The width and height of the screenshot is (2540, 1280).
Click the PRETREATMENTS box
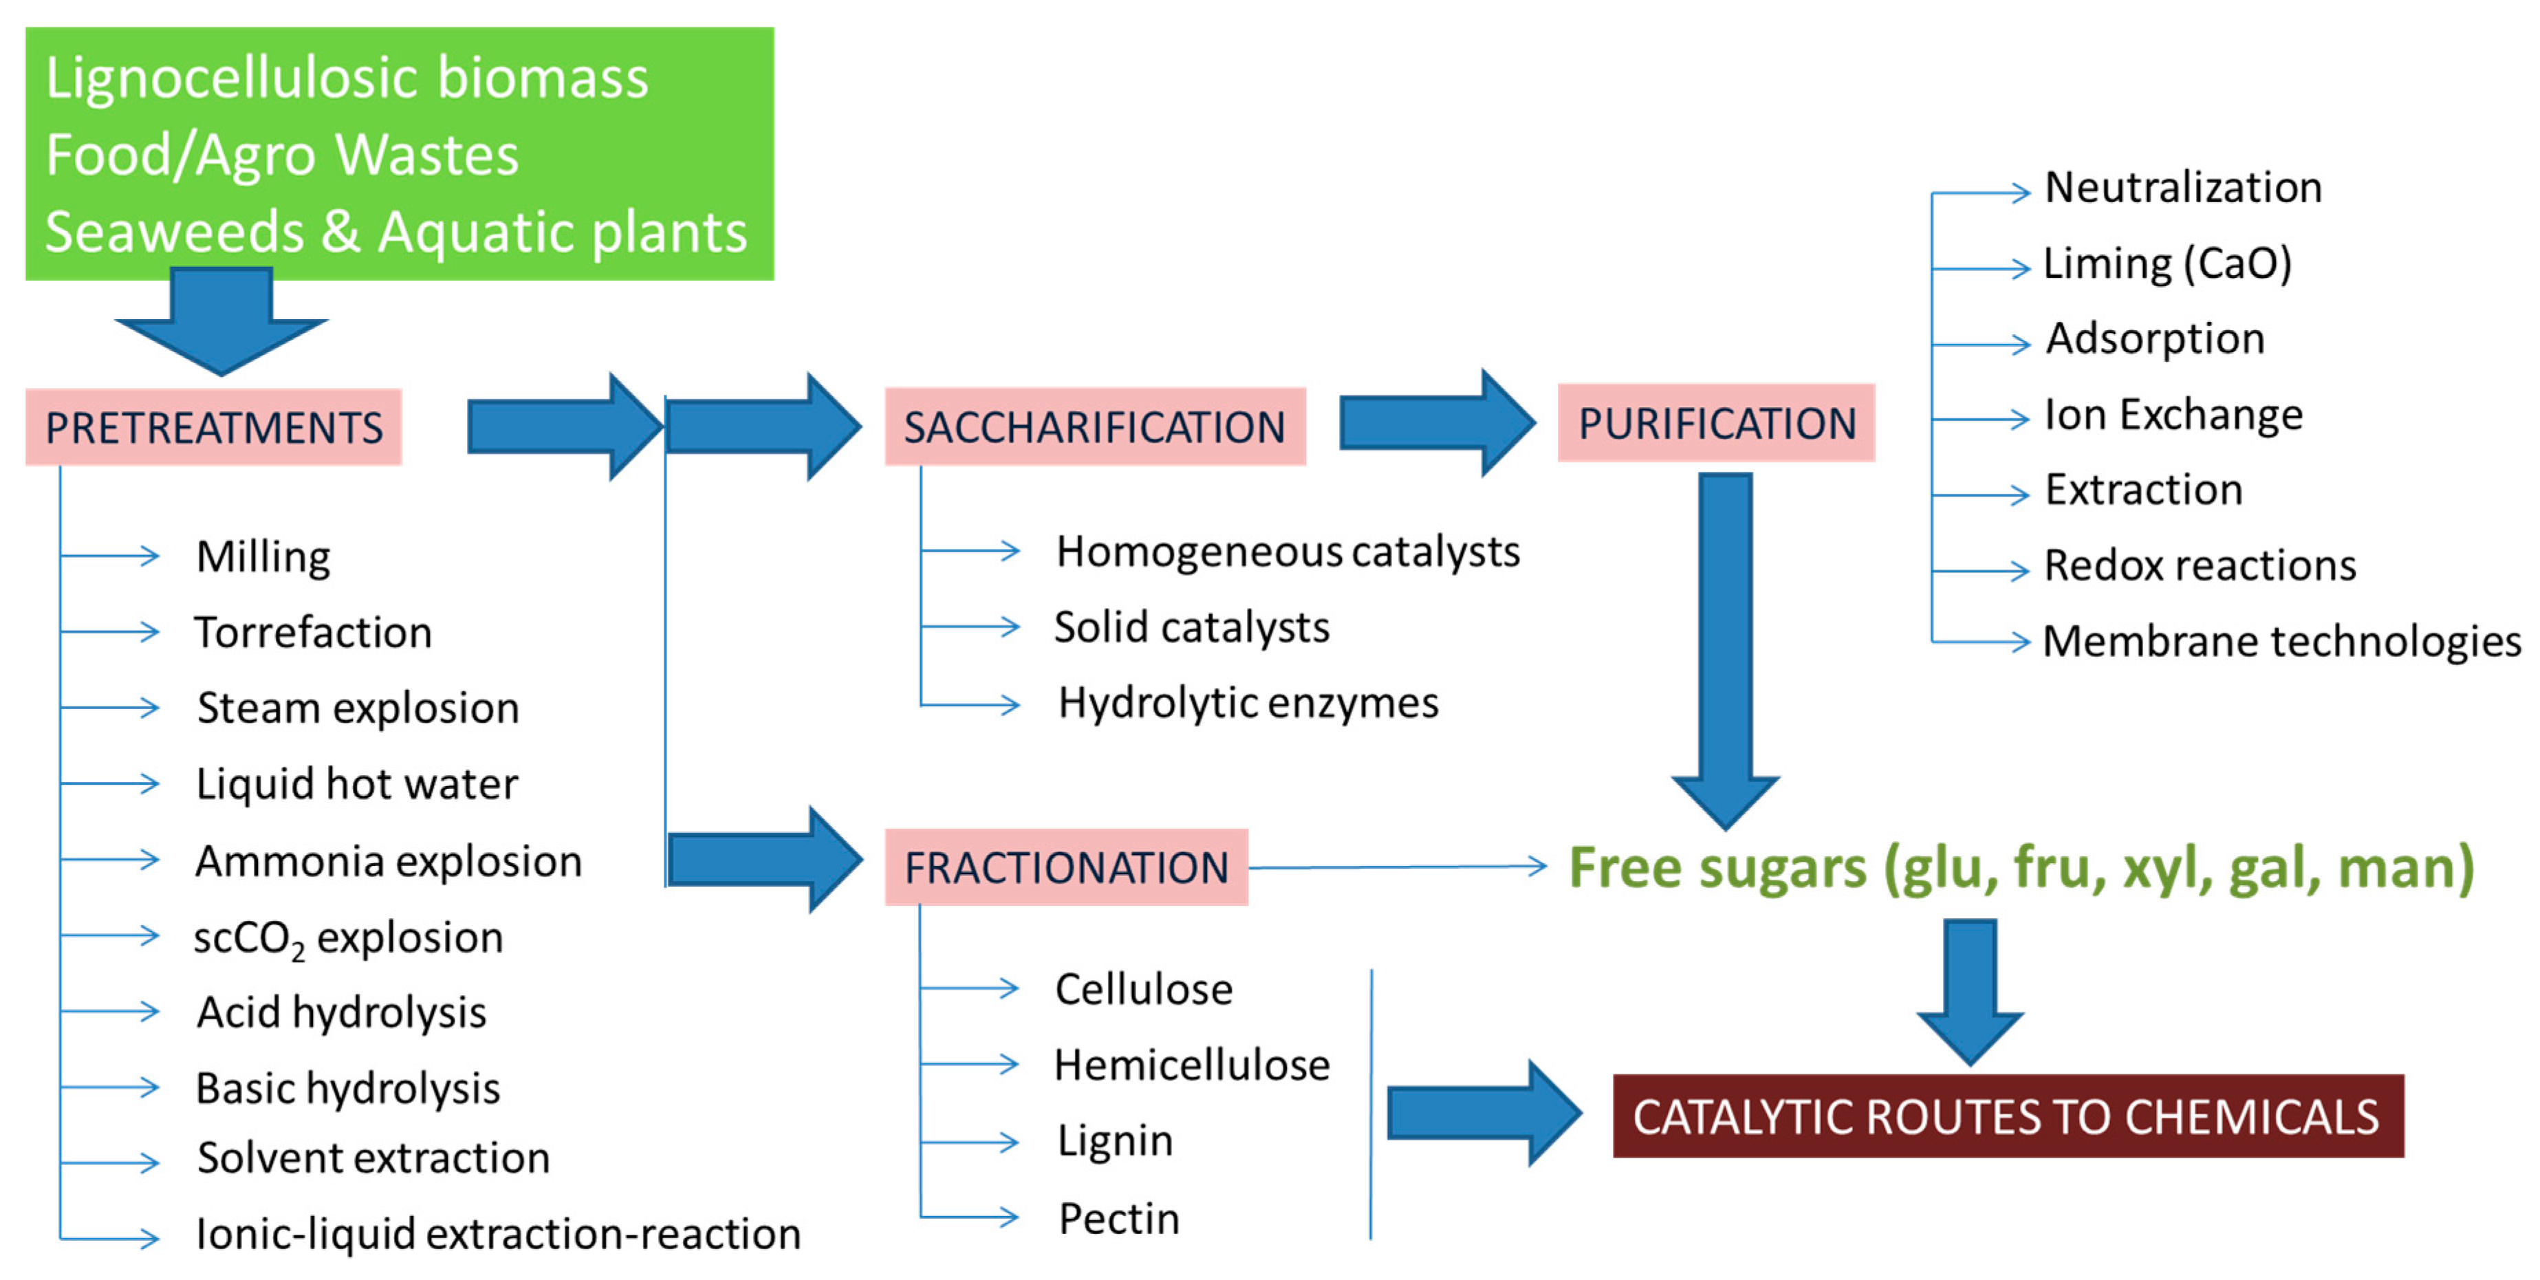[x=213, y=428]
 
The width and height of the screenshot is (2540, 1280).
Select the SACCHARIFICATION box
[x=1094, y=427]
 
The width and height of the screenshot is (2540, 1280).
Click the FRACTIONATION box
[x=1066, y=868]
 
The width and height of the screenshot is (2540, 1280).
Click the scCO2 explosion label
[x=348, y=937]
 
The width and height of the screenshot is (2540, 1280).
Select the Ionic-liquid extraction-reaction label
[x=498, y=1235]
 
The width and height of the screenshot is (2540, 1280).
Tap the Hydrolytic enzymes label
[x=1248, y=703]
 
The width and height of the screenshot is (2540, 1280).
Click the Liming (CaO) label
[x=2167, y=263]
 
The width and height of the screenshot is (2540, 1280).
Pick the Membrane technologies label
[x=2281, y=642]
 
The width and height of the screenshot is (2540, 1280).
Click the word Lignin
[x=1115, y=1141]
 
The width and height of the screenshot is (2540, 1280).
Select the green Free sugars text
[x=2021, y=868]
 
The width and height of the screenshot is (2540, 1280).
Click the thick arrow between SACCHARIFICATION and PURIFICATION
[x=1435, y=423]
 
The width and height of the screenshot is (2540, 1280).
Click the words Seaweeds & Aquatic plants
[x=395, y=232]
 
